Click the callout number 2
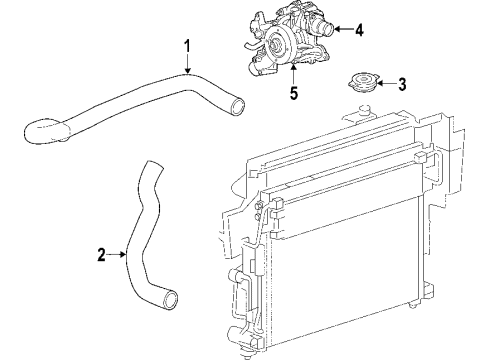(100, 255)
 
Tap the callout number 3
(403, 84)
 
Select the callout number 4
(359, 30)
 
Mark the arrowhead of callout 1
(187, 71)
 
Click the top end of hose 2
(151, 164)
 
